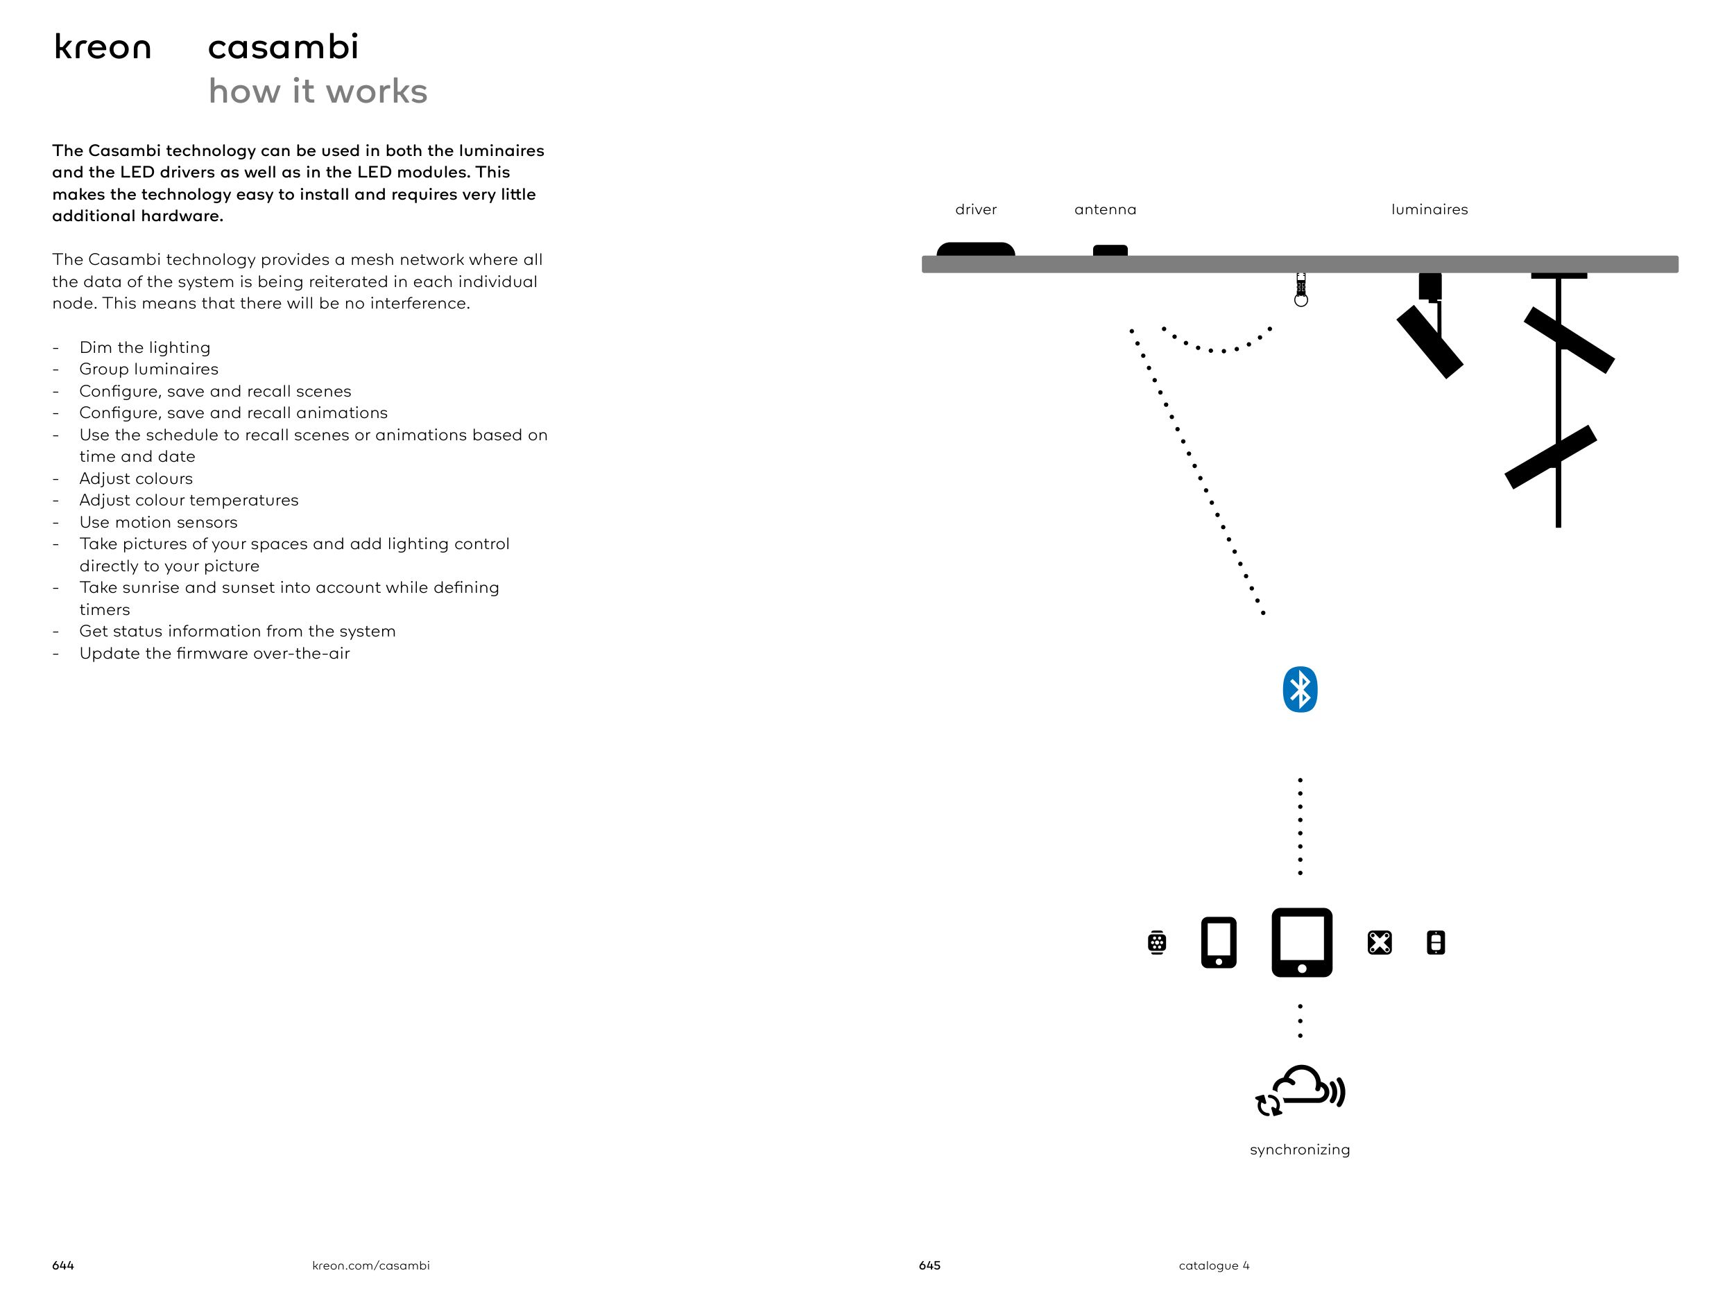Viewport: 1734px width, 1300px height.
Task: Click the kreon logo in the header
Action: tap(102, 48)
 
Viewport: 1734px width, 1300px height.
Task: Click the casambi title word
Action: tap(283, 47)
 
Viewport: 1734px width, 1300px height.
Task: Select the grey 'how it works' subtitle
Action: tap(318, 92)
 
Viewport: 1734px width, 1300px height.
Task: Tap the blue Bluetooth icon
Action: tap(1300, 690)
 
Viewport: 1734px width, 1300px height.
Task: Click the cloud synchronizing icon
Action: tap(1301, 1091)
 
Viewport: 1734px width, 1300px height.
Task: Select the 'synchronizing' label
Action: tap(1300, 1150)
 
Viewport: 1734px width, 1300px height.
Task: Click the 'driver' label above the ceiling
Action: tap(976, 210)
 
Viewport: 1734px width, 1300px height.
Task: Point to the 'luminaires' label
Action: tap(1429, 210)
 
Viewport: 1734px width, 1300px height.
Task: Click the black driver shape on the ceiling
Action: tap(976, 249)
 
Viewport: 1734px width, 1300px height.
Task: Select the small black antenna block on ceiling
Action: tap(1110, 251)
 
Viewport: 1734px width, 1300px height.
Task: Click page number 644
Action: tap(62, 1265)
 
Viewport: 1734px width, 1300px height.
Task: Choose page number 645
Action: tap(929, 1265)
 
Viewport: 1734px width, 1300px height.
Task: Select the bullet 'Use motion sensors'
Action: tap(158, 523)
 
